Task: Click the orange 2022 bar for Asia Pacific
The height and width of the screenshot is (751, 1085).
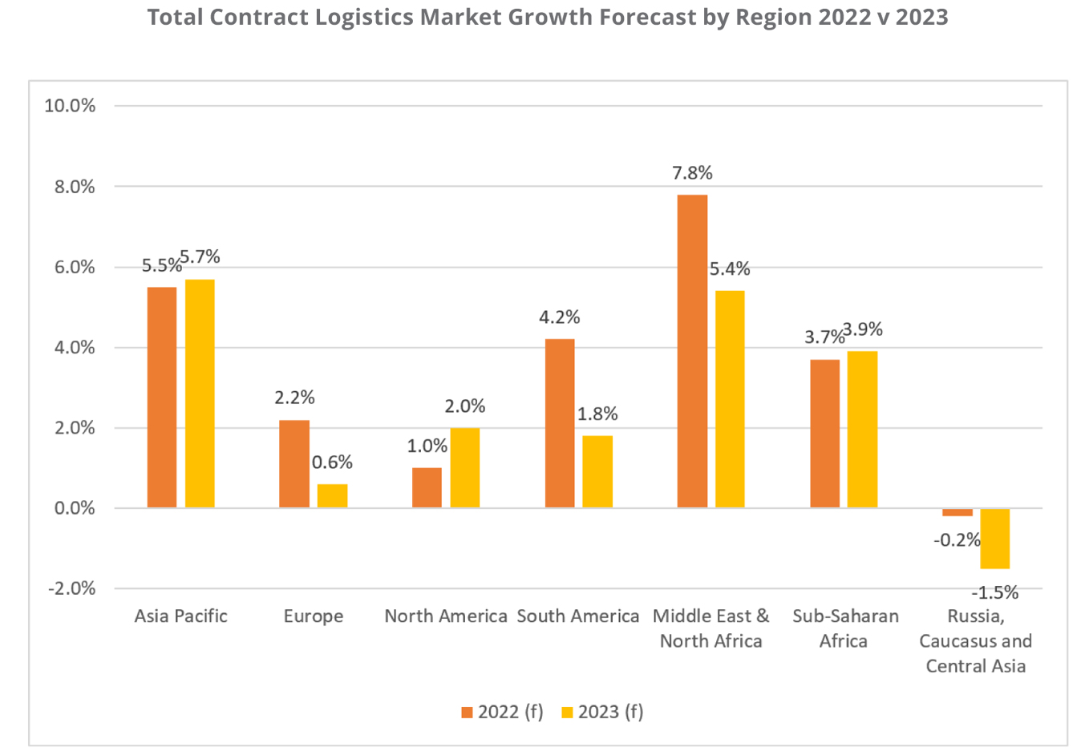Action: pos(162,397)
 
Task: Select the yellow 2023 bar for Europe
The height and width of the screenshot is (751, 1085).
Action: pos(332,495)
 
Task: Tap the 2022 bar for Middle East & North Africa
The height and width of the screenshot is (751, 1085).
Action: pos(692,351)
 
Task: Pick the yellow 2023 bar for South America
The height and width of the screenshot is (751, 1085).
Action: pos(597,471)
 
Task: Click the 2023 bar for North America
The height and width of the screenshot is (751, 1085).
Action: pos(465,467)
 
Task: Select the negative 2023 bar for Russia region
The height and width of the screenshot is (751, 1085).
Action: pos(994,539)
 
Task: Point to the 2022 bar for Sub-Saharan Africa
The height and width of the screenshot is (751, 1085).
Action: pos(824,434)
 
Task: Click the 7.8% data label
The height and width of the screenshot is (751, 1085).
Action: pos(692,173)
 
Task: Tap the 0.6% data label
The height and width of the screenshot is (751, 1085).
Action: pos(332,462)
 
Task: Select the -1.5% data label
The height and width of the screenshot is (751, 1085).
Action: pos(994,593)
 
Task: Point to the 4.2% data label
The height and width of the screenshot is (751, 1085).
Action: pos(559,317)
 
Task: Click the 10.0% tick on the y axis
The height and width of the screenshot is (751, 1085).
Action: pos(70,106)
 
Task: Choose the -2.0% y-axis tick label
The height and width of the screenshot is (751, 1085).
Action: pos(71,588)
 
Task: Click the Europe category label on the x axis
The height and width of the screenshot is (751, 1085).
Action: pos(313,616)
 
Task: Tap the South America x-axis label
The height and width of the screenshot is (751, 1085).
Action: pos(577,616)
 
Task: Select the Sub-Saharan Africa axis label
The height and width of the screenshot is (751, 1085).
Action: pos(844,628)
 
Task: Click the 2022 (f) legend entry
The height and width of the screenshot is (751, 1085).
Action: pos(503,712)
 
